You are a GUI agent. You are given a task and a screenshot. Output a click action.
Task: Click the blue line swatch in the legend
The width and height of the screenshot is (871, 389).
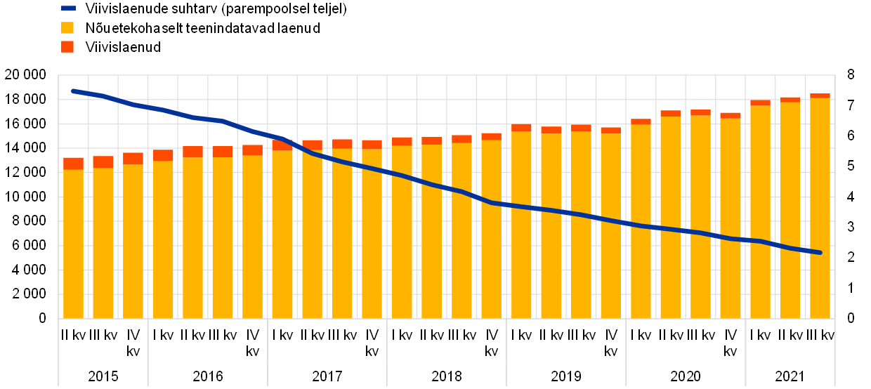coord(68,8)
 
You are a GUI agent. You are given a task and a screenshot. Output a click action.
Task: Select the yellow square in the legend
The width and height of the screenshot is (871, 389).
coord(67,27)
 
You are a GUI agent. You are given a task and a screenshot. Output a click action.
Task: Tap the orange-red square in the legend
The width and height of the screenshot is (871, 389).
coord(67,46)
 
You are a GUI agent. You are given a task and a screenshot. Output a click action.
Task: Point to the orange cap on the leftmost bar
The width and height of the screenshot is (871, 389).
coord(73,164)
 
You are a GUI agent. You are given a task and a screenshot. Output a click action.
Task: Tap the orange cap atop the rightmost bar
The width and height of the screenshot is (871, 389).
coord(820,96)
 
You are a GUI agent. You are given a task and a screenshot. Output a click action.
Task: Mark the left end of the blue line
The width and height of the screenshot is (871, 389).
coord(73,91)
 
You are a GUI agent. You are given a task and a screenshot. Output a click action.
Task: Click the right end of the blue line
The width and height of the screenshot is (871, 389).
coord(819,252)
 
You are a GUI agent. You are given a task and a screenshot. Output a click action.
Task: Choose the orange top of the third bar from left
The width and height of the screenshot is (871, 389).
coord(133,159)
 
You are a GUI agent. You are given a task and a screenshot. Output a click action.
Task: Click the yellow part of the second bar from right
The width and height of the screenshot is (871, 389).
coord(790,211)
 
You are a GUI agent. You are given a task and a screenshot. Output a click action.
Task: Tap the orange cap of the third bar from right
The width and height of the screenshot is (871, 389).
coord(760,103)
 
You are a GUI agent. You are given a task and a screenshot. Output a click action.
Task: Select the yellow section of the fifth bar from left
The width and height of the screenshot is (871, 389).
coord(192,238)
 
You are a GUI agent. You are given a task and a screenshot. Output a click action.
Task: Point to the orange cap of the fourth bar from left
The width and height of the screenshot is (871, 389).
coord(163,155)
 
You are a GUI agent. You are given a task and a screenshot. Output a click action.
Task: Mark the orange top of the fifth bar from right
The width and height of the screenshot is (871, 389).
coord(700,112)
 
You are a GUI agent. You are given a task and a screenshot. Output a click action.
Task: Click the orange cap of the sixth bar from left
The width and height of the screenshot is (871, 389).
coord(222,152)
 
